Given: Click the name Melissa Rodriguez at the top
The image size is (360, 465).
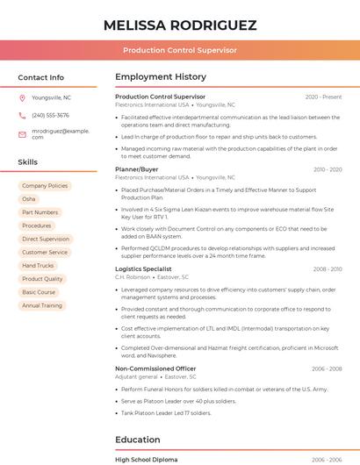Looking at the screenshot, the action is tap(180, 25).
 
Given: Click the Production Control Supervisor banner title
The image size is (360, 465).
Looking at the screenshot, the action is tap(180, 50).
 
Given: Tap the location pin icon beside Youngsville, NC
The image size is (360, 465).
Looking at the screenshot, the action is tap(22, 97).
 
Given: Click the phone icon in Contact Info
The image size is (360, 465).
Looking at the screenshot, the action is tap(22, 115).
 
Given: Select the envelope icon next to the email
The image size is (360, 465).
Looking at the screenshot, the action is tap(22, 133).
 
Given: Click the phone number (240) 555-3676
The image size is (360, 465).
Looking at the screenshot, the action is tap(50, 115).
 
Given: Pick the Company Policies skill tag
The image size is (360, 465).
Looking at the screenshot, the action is tap(45, 186).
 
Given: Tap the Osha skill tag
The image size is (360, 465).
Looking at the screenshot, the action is tap(29, 199).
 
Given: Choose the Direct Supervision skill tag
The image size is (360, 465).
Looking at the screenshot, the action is tap(46, 239).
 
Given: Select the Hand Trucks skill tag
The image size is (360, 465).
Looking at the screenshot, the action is tap(38, 265).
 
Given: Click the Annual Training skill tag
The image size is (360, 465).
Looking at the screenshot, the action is tap(42, 305).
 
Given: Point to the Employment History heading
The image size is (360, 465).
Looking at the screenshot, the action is tap(161, 77).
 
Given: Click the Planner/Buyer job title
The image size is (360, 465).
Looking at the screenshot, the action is tap(137, 168).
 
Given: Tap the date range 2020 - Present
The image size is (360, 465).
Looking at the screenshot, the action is tap(323, 97).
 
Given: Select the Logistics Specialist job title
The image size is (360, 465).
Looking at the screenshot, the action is tap(143, 268).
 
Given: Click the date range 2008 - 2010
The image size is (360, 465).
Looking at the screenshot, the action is tap(327, 268).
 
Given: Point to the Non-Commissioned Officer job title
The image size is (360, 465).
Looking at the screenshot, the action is tap(155, 368).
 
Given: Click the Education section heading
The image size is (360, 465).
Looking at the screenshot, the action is tap(139, 440).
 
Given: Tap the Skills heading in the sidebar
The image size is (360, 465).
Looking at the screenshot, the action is tap(28, 162).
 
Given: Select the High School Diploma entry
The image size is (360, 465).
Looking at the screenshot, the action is tap(146, 460).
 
